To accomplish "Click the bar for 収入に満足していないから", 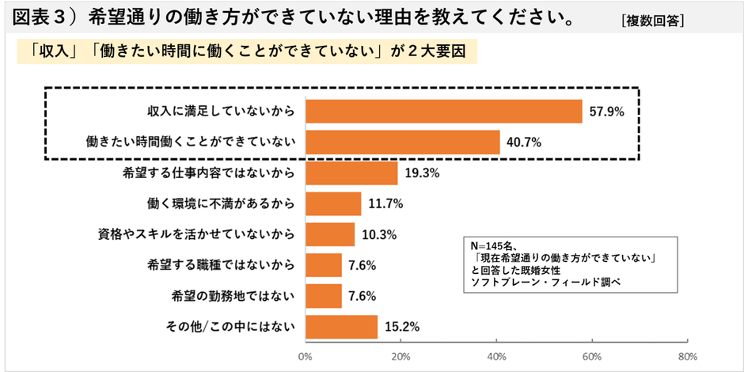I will click(443, 112).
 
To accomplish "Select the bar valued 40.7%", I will click(402, 142).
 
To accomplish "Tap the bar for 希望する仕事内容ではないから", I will click(351, 173).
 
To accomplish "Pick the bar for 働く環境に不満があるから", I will click(332, 203).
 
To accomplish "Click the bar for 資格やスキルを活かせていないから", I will click(329, 234).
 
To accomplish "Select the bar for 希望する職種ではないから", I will click(323, 265).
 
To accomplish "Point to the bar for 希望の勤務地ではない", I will click(323, 296).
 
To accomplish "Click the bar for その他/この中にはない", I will click(341, 326).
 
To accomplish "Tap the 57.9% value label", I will click(607, 112).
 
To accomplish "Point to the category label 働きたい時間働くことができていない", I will click(190, 142).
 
